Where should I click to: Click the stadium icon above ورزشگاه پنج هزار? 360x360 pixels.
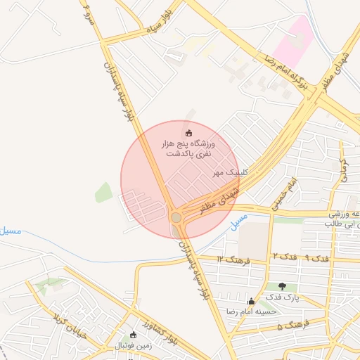point(188,133)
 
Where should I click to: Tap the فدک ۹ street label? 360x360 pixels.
point(318,257)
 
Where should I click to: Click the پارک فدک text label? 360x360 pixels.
point(286,297)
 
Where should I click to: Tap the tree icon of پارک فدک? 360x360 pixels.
point(283,286)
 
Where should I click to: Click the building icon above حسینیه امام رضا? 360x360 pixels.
point(251,301)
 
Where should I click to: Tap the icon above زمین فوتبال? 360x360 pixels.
point(134,335)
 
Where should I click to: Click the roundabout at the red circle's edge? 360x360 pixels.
point(176,218)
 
